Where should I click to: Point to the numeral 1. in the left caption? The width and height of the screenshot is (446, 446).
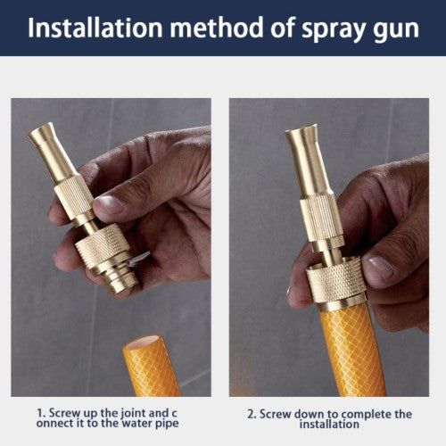(41, 413)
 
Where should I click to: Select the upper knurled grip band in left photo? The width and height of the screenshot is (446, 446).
(74, 193)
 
